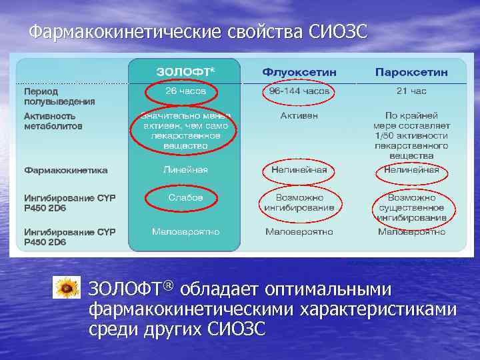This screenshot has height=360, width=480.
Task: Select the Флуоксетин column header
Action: (299, 71)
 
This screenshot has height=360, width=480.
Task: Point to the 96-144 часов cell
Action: (299, 91)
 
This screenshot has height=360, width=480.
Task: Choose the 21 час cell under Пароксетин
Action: (411, 91)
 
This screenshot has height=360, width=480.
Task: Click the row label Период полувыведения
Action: (59, 96)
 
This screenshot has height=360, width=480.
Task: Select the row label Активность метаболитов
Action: (53, 120)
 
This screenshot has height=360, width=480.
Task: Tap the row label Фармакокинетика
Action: (66, 170)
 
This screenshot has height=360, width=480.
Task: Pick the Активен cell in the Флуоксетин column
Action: (299, 115)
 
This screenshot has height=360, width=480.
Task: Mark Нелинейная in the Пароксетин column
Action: (411, 170)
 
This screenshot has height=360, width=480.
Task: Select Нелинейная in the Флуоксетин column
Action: (299, 170)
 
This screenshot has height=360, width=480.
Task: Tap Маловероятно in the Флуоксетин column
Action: (299, 232)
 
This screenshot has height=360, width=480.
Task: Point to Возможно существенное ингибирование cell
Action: (411, 207)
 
